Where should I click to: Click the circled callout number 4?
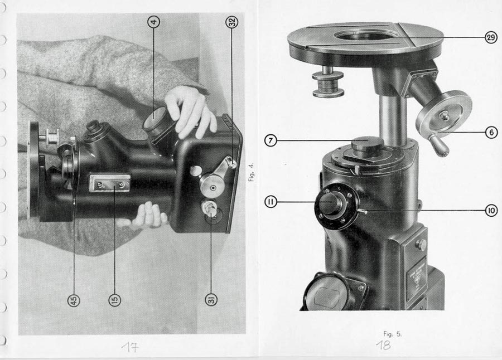[x=154, y=22]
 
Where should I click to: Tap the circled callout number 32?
[x=232, y=22]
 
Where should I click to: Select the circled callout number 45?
[x=74, y=300]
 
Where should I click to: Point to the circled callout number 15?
[x=114, y=300]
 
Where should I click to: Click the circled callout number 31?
[x=211, y=300]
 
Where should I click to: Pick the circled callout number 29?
[x=491, y=37]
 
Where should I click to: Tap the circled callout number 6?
[x=492, y=132]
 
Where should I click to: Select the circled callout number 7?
[x=271, y=140]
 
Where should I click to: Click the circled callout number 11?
[x=271, y=202]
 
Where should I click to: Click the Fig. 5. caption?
[x=392, y=334]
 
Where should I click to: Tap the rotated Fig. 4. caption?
[x=252, y=172]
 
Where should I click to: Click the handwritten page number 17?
[x=130, y=347]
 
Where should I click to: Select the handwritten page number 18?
[x=383, y=346]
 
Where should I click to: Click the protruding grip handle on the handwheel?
[x=438, y=145]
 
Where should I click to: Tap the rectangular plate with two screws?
[x=110, y=183]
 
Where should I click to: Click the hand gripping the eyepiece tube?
[x=190, y=111]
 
